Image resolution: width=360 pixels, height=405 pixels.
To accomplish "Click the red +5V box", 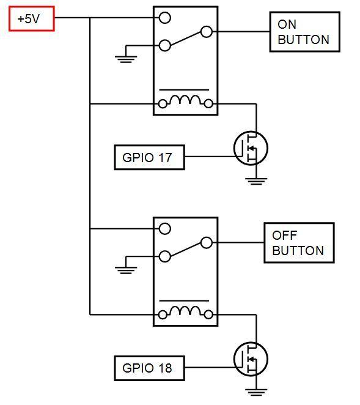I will [32, 19].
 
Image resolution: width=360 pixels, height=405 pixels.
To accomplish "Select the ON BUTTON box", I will [304, 32].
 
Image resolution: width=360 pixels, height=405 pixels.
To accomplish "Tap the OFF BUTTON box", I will [299, 243].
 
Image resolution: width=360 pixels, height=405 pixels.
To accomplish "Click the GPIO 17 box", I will [149, 157].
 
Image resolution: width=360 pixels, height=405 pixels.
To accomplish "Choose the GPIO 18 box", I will [149, 368].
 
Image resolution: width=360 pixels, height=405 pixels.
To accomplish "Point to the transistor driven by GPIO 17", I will [251, 148].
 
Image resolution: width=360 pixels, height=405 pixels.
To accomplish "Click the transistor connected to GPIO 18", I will [251, 359].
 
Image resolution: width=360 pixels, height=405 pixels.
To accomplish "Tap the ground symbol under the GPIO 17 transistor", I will [256, 180].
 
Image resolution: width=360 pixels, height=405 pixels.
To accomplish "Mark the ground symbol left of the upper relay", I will [125, 59].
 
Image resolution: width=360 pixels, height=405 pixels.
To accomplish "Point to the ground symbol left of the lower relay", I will [125, 269].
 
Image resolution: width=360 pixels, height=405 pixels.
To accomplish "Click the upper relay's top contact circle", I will [164, 18].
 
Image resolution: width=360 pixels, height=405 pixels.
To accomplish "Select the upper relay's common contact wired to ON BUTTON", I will [207, 32].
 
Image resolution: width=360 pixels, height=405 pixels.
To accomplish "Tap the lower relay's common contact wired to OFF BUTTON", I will [207, 243].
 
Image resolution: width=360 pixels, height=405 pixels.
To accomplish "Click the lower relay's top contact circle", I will [164, 229].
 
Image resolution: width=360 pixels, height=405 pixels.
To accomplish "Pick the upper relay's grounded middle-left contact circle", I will [164, 45].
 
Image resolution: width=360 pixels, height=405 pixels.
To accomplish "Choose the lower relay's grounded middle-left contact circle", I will [164, 256].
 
